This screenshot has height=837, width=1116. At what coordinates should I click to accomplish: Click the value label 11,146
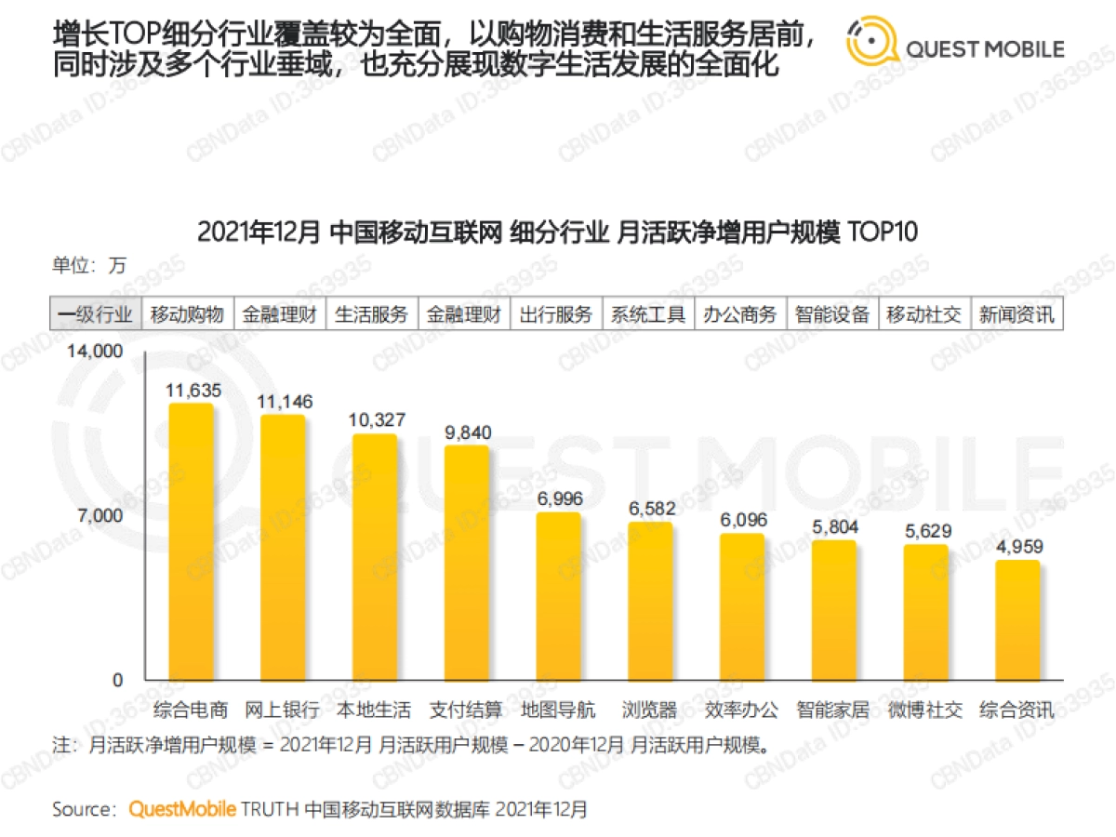click(x=286, y=402)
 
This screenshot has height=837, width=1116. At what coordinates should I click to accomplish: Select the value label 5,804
click(x=834, y=527)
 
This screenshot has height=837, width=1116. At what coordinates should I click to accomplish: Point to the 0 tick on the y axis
click(x=117, y=680)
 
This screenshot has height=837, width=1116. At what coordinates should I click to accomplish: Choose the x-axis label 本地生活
click(x=373, y=711)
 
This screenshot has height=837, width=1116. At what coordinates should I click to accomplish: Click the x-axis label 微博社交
click(x=924, y=711)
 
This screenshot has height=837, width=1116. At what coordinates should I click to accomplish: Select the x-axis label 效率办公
click(x=741, y=711)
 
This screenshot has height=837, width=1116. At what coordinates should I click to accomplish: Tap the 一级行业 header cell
click(x=95, y=314)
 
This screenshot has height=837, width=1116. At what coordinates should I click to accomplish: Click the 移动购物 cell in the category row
click(x=188, y=314)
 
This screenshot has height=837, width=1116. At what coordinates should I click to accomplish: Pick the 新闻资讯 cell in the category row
click(x=1016, y=314)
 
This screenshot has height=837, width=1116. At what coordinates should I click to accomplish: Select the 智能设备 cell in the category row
click(x=832, y=314)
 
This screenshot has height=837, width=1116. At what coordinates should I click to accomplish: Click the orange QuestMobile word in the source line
click(x=182, y=809)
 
